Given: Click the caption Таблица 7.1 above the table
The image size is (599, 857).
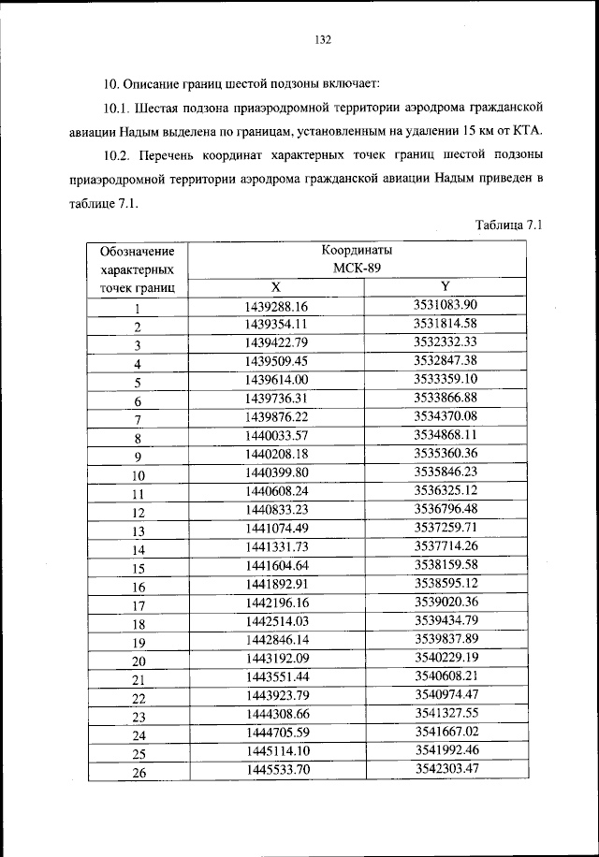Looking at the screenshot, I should [509, 225].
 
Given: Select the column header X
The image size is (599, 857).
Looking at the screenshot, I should [275, 286].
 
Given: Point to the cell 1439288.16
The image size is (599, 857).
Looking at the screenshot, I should [276, 306].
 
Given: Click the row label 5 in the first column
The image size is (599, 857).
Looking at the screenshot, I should [137, 382].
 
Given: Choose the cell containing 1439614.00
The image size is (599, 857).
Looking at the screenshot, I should [276, 380].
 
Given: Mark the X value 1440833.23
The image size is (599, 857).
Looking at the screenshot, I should [276, 509].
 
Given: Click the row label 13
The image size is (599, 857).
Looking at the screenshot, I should [137, 530].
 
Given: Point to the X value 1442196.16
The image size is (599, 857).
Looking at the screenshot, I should [276, 602].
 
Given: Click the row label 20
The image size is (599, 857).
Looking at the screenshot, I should [137, 661].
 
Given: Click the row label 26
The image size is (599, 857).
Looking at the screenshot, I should [137, 771].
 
